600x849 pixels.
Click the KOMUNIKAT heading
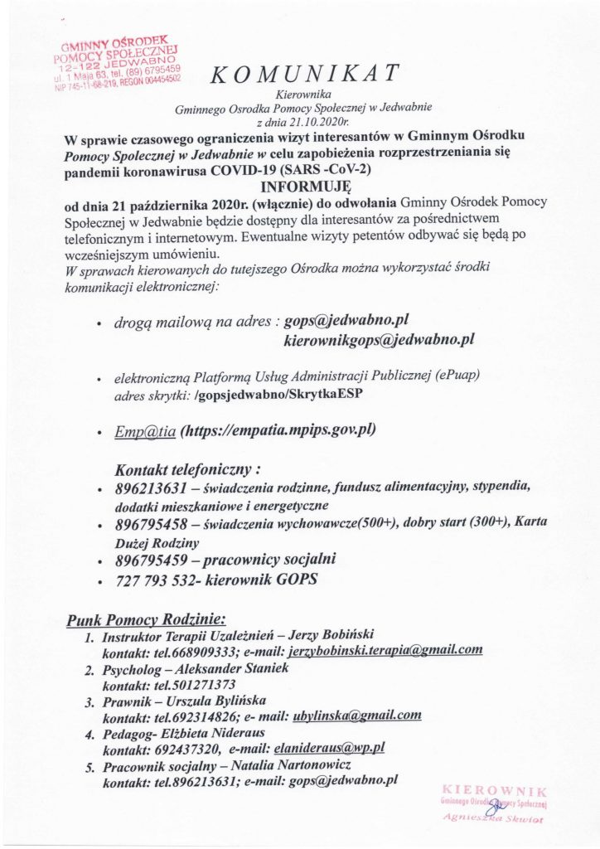click(306, 75)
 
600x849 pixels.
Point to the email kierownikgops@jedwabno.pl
click(379, 339)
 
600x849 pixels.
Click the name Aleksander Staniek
click(223, 667)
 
